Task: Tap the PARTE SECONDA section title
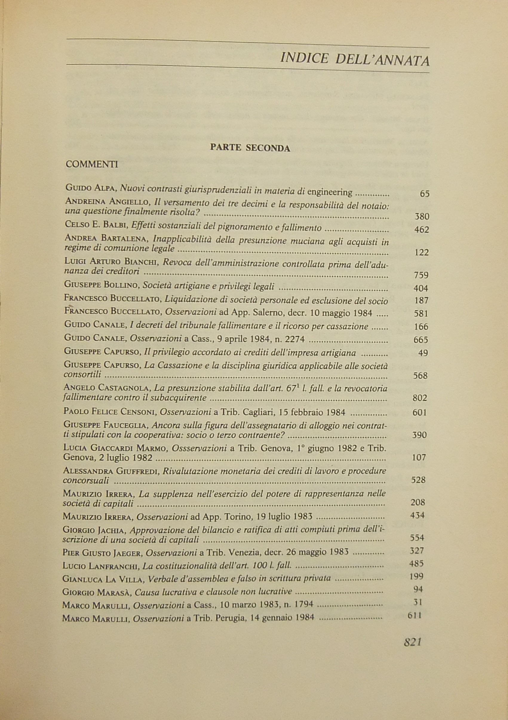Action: coord(250,148)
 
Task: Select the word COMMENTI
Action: coord(92,164)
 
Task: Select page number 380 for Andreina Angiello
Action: coord(422,217)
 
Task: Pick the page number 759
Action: coord(421,275)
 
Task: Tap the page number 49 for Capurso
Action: coord(423,353)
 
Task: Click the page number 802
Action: coord(420,398)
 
